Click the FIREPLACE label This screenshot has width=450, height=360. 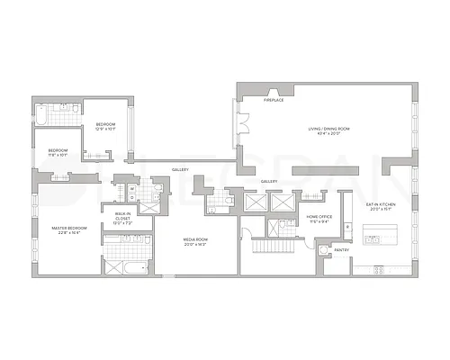point(274,101)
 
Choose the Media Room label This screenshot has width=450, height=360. point(195,242)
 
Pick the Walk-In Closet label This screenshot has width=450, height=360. point(122,217)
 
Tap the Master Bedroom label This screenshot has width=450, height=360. point(69,229)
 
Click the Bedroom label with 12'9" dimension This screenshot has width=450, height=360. point(106,127)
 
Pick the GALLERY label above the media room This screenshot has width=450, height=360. point(179,168)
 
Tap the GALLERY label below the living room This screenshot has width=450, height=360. point(268,181)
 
